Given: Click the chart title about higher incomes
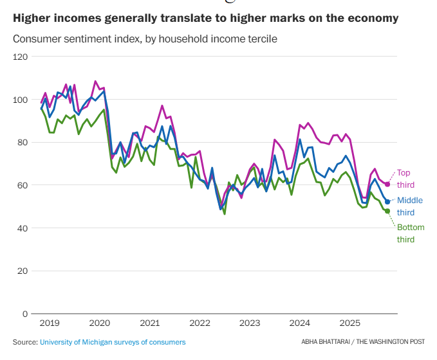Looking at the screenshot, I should pos(205,18).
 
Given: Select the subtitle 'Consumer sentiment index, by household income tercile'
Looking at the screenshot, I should pos(145,39).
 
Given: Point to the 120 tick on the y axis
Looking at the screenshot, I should pos(21,57).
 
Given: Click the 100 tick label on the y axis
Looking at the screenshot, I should pos(21,100).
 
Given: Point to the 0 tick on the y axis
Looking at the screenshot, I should pos(25,314).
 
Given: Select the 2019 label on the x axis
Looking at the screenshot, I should pos(50,323).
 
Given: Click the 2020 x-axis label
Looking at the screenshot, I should pos(100,323).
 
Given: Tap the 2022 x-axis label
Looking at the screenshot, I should pos(200,323).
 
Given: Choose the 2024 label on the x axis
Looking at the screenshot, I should pos(301,323).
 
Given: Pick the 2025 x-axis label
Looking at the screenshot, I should pos(351,323).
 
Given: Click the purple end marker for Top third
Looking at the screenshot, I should pos(387,184).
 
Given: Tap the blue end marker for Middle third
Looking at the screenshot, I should pos(387,202).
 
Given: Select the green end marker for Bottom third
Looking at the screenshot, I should pos(387,211).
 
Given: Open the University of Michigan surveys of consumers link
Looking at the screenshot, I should pos(113,342).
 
